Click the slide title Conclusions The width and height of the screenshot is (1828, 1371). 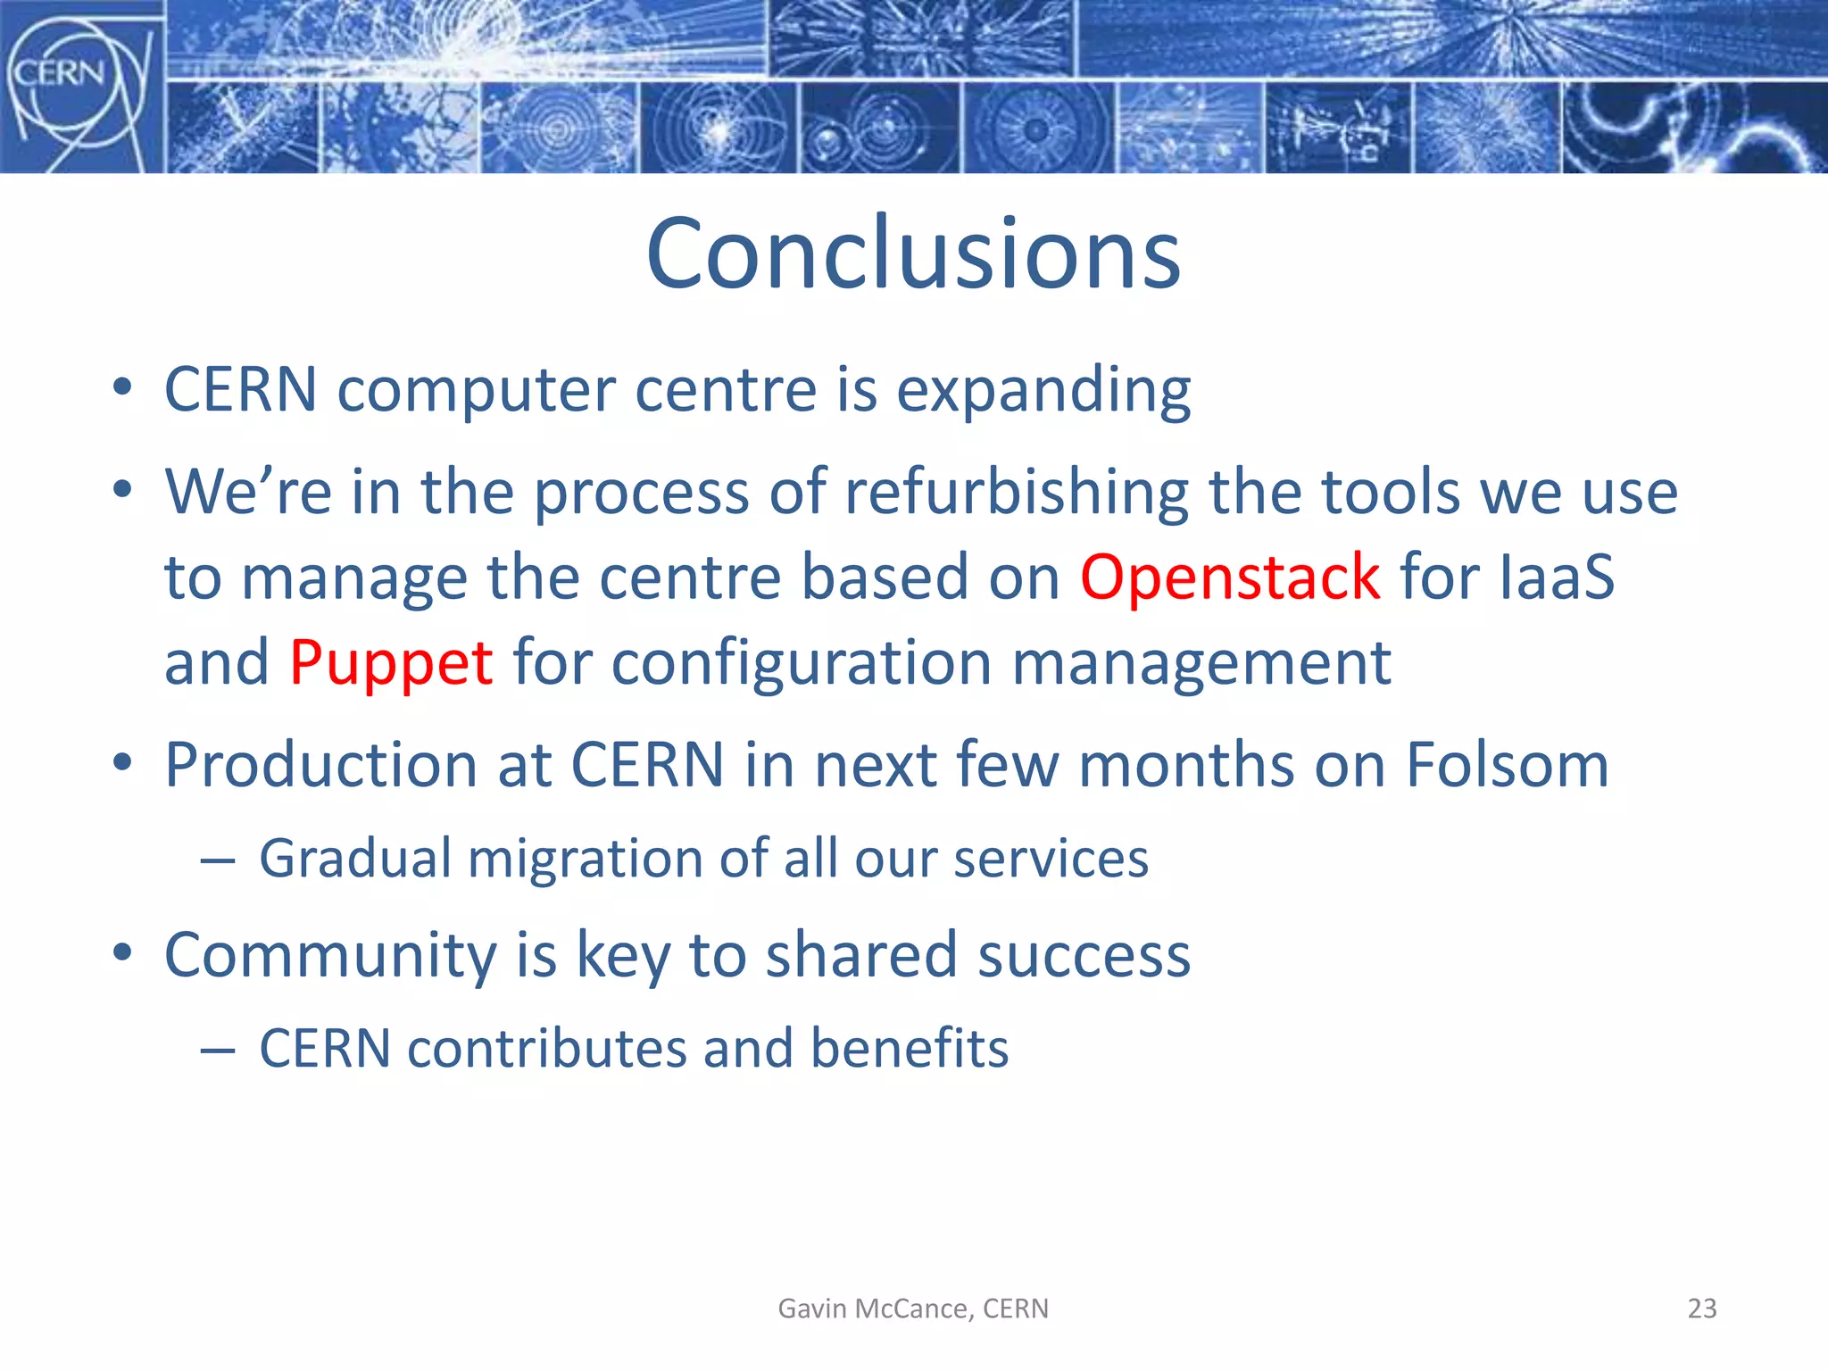(913, 254)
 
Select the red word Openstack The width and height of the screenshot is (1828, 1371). (1230, 577)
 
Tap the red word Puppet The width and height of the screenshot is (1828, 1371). (391, 663)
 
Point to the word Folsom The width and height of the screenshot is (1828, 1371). (1507, 766)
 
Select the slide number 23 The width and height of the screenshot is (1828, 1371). (1701, 1309)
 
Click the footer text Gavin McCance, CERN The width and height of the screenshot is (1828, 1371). (913, 1309)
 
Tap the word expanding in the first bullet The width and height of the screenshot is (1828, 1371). (1043, 391)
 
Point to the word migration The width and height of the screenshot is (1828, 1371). (585, 860)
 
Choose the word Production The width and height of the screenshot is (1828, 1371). (321, 766)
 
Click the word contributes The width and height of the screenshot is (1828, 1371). (547, 1048)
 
